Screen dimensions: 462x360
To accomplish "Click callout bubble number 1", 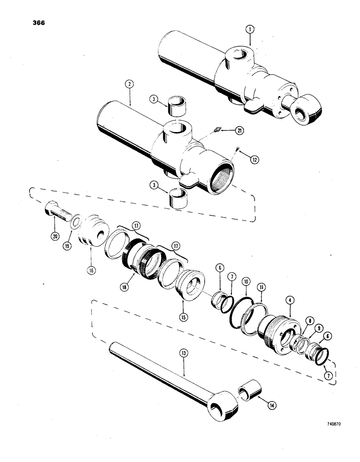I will tap(249, 30).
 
